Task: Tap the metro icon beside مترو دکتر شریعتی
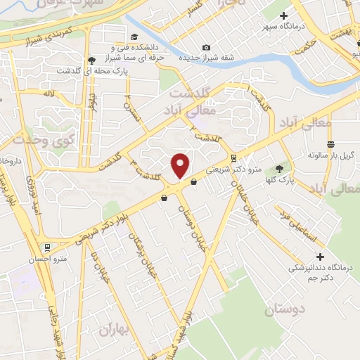pyautogui.click(x=235, y=157)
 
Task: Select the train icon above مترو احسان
pyautogui.click(x=47, y=247)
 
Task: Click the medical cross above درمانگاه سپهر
pyautogui.click(x=284, y=15)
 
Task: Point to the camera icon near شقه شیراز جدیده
pyautogui.click(x=205, y=47)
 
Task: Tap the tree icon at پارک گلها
pyautogui.click(x=281, y=169)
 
